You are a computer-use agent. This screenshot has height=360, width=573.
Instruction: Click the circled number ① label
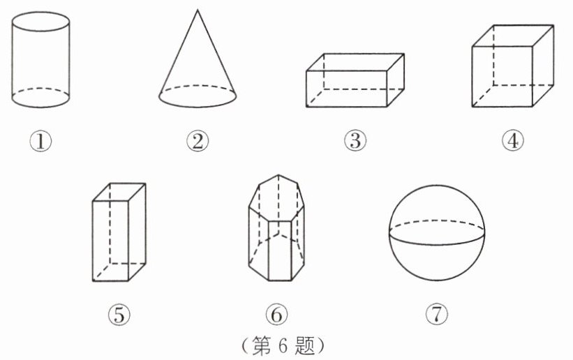coord(40,141)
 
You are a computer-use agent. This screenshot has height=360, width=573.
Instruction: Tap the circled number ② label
coord(198,141)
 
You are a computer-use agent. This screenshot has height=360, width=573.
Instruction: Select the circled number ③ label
coord(355,141)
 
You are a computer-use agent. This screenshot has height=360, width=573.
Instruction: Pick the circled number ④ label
coord(513,141)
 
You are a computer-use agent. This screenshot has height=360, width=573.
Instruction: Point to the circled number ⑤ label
coord(119,315)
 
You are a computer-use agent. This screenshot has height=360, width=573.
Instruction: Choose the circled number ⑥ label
coord(276,315)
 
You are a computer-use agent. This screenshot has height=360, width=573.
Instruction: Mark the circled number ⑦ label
coord(437,315)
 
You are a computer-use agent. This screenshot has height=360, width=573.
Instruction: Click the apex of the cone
coord(198,10)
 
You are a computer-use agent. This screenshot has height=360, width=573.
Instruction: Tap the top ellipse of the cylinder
coord(40,12)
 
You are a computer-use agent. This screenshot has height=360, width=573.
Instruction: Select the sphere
coord(437,232)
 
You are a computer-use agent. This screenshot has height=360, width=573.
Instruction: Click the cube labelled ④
coord(513,66)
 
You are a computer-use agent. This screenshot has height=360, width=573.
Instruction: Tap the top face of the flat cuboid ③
coord(355,62)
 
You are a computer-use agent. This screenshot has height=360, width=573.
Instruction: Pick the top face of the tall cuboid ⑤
coord(119,193)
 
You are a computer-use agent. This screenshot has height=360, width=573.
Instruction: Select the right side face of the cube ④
coord(544,66)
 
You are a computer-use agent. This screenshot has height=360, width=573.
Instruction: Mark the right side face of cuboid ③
coord(396,80)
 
